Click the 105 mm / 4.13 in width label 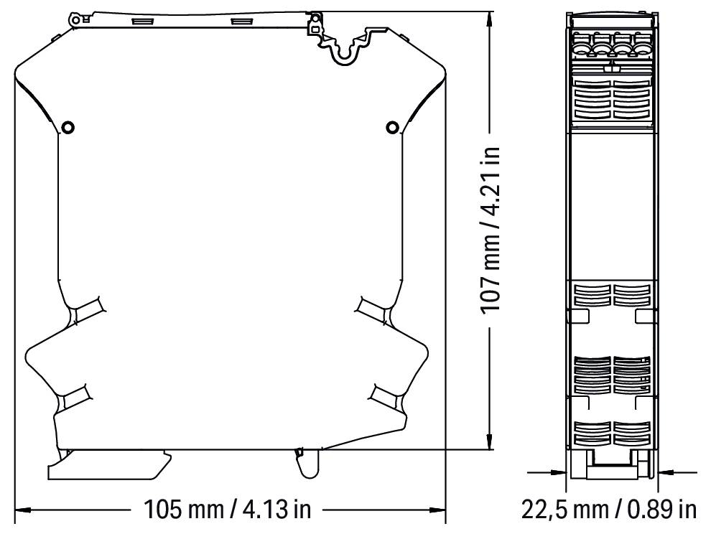coord(228,511)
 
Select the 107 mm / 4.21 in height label coord(491,230)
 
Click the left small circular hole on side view coord(68,128)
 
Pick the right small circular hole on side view coord(392,128)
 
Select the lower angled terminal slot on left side coord(74,395)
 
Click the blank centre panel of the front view coord(612,205)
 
